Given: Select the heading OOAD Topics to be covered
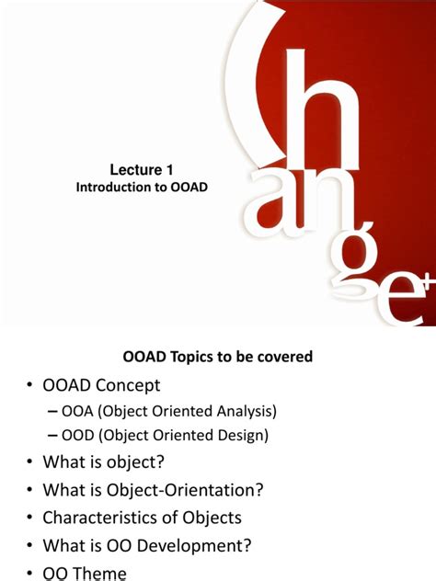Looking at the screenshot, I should (218, 356).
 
